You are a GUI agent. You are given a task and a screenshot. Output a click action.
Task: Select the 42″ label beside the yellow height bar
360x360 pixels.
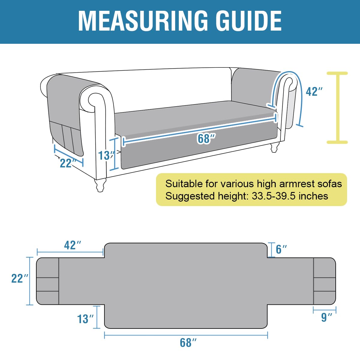pyautogui.click(x=314, y=91)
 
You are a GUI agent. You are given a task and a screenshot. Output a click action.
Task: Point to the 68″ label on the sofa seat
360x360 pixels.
pyautogui.click(x=206, y=139)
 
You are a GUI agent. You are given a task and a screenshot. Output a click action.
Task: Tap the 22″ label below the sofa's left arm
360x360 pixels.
pyautogui.click(x=67, y=163)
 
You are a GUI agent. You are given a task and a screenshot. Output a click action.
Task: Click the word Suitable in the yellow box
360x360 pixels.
pyautogui.click(x=184, y=184)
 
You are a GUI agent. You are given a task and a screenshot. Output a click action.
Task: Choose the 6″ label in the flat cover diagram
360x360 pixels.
pyautogui.click(x=281, y=249)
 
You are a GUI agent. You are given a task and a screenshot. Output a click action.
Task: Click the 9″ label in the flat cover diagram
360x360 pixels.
pyautogui.click(x=326, y=317)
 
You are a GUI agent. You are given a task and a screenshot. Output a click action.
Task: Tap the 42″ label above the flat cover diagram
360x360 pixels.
pyautogui.click(x=73, y=245)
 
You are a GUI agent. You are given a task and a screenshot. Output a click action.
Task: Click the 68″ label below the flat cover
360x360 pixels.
pyautogui.click(x=188, y=342)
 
